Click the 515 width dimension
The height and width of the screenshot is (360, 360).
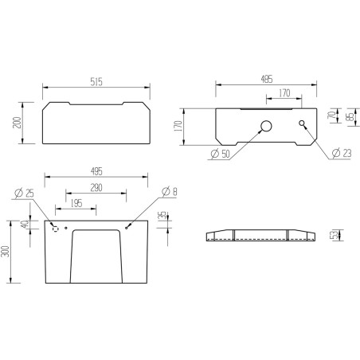pyautogui.click(x=96, y=81)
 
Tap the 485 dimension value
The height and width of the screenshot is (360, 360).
pyautogui.click(x=266, y=79)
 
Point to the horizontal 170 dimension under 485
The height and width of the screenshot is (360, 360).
pyautogui.click(x=284, y=93)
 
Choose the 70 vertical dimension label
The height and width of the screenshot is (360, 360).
pyautogui.click(x=331, y=115)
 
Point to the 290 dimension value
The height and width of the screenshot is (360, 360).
pyautogui.click(x=96, y=188)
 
